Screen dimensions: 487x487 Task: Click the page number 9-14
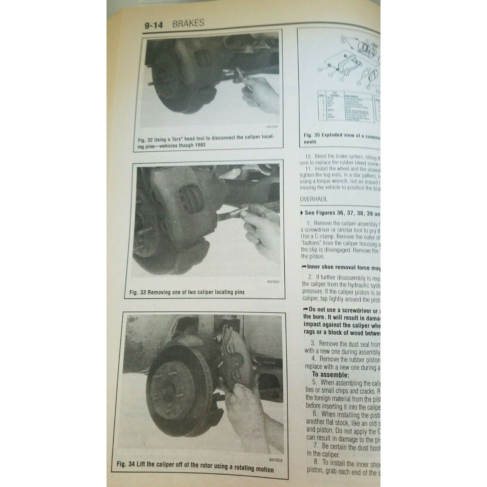click(x=153, y=26)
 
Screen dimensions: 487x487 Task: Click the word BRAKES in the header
click(x=188, y=23)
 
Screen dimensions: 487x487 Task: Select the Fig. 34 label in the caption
click(x=126, y=464)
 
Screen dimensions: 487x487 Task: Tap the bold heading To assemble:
click(x=330, y=375)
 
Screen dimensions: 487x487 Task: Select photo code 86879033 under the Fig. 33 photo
click(x=273, y=282)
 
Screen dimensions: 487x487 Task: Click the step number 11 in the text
click(x=308, y=169)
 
